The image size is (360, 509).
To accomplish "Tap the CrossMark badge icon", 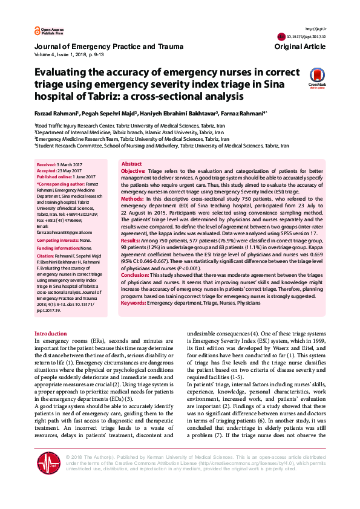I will coord(317,77).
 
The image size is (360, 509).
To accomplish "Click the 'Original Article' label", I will coord(299,47).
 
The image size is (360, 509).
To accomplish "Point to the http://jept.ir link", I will coord(316,29).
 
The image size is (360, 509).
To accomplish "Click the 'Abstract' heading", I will coord(132,164).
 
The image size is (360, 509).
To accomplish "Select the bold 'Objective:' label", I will coord(133,172).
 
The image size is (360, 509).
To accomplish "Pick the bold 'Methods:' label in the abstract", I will coord(133,198).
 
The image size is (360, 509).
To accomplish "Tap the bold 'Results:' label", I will coord(131,240).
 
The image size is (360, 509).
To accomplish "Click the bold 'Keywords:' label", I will coord(133,302).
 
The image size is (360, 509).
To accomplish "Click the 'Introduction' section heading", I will coord(51,334).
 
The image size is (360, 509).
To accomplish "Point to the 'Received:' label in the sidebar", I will coord(47,164).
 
